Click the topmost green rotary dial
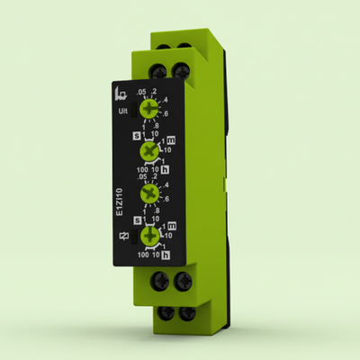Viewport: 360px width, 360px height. click(153, 108)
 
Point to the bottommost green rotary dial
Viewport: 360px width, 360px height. click(153, 238)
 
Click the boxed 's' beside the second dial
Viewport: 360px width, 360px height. click(136, 136)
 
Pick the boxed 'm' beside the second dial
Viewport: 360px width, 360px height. click(171, 141)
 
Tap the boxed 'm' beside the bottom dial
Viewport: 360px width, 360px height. click(171, 227)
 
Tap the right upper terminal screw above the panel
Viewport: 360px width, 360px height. click(184, 69)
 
